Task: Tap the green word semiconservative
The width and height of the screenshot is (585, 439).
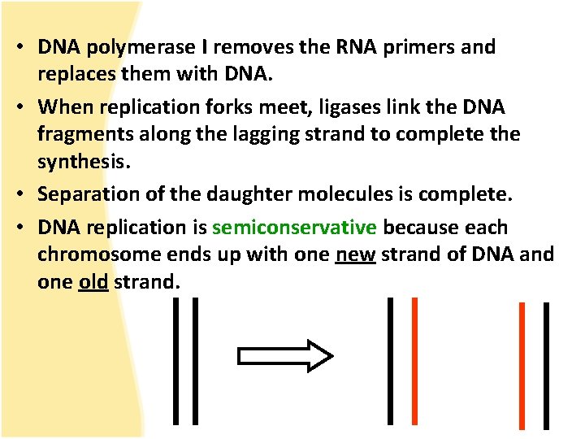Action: pyautogui.click(x=294, y=228)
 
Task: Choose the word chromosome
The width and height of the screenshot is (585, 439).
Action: pyautogui.click(x=102, y=254)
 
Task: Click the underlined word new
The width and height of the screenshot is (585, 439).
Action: pyautogui.click(x=355, y=254)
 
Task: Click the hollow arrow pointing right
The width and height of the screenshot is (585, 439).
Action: pyautogui.click(x=284, y=356)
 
